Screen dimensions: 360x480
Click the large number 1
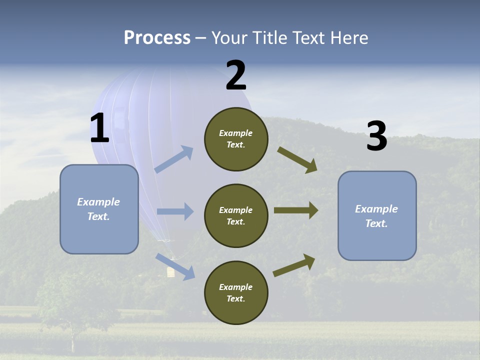99,128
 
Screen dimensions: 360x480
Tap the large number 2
235,76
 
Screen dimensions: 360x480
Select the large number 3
376,136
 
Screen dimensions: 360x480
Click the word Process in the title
157,37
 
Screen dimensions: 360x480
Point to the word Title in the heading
268,37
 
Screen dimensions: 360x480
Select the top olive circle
236,139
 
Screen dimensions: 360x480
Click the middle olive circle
236,216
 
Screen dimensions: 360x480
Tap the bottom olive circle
236,293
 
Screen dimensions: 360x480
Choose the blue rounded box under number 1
99,209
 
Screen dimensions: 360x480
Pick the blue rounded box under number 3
377,216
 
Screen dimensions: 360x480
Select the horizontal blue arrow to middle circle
175,211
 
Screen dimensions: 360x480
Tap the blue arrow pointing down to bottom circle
175,266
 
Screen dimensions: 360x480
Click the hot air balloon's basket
170,271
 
